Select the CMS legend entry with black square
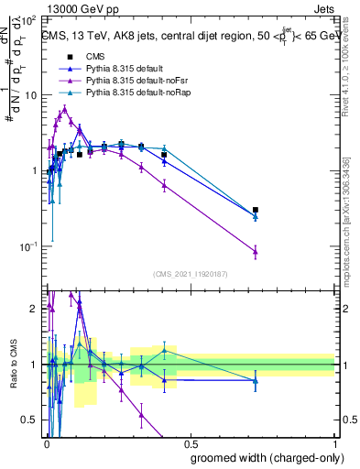[x=100, y=56]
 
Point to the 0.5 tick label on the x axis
[x=190, y=444]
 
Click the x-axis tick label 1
[x=334, y=444]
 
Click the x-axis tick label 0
[x=46, y=444]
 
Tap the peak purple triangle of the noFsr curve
[x=64, y=108]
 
